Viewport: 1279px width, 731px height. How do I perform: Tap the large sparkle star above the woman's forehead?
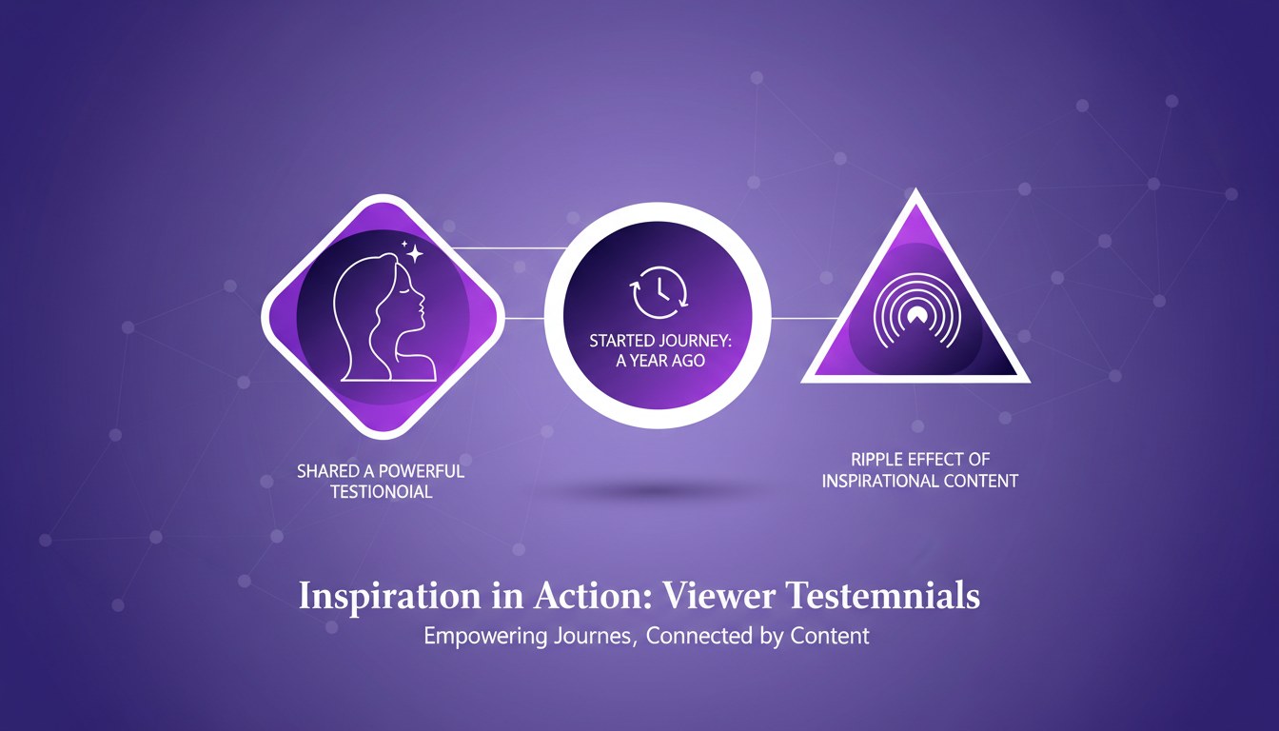[415, 253]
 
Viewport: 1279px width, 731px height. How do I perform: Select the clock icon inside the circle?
[659, 292]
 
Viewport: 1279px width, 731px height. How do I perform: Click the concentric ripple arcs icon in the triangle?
[917, 312]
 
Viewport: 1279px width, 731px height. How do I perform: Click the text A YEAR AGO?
[660, 361]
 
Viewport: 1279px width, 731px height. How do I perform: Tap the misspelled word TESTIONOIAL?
[382, 492]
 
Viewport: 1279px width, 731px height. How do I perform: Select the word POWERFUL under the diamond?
[422, 471]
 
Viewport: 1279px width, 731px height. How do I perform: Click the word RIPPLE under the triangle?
[875, 459]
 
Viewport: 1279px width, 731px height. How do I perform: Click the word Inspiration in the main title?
[390, 596]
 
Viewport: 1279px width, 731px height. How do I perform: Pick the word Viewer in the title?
[718, 595]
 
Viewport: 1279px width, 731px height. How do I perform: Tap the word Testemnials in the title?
[884, 595]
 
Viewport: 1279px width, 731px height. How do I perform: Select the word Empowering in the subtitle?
[484, 636]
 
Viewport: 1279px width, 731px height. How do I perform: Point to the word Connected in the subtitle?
[699, 636]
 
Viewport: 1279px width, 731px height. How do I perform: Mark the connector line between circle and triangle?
[805, 318]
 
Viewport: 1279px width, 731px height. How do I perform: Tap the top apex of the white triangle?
[915, 188]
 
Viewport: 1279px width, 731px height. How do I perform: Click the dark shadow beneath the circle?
[657, 490]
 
